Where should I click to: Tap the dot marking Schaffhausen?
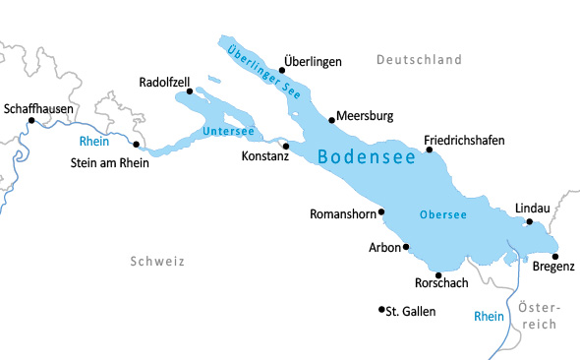click(31, 121)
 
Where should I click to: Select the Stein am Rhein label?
click(110, 163)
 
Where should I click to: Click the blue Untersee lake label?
click(228, 131)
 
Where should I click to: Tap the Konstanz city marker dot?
click(286, 145)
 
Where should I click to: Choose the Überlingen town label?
click(313, 61)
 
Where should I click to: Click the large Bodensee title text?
click(366, 156)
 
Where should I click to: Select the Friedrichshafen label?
click(464, 141)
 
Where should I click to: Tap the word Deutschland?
click(419, 60)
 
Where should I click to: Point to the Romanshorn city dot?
click(381, 211)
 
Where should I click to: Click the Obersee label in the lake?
click(442, 214)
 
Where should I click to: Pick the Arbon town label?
click(384, 248)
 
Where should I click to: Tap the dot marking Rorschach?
click(438, 275)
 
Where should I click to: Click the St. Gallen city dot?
click(381, 310)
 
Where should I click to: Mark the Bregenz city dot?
click(555, 256)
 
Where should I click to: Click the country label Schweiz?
click(156, 261)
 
